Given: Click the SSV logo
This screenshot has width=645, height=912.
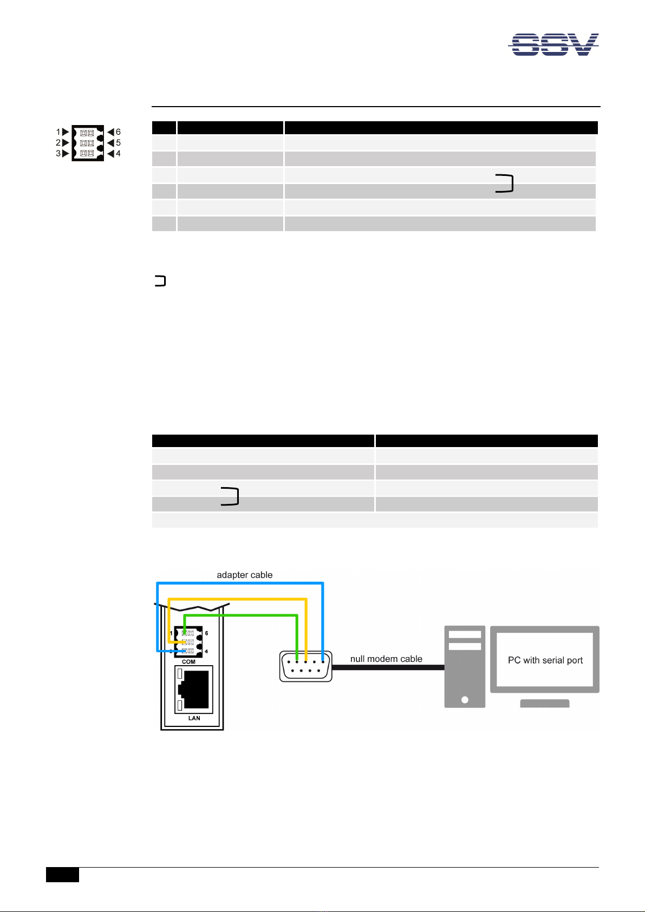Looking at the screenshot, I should point(553,44).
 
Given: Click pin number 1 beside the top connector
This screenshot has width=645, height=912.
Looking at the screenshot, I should point(58,132).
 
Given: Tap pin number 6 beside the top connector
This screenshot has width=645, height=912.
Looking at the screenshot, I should point(118,132).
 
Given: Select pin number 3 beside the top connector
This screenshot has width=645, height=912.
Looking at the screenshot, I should point(58,154).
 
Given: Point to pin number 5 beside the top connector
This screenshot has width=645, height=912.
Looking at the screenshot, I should point(118,143).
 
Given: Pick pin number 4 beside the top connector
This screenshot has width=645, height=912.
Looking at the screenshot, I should point(118,154).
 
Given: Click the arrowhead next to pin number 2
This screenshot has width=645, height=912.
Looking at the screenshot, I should point(66,143).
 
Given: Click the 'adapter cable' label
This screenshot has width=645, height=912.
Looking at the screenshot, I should point(244,575).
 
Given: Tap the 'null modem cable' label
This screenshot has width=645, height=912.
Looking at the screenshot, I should point(386,659).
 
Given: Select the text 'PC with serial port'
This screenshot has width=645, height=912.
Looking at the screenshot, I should point(545,660).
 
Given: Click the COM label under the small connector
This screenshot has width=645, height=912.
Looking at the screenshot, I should point(188,662).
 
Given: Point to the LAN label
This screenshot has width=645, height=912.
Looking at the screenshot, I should point(194,718).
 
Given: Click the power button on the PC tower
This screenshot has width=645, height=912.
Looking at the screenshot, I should point(465,700).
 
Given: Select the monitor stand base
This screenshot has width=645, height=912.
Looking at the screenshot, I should point(544,704).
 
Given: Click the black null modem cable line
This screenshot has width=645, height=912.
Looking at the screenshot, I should point(388,668).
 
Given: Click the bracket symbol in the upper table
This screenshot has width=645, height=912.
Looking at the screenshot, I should point(504,183).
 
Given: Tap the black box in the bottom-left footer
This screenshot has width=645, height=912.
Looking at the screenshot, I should point(62,875).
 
